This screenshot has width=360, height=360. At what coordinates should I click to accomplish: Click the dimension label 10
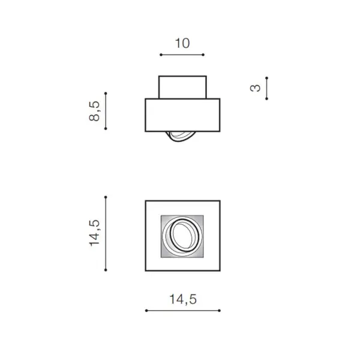coord(182,43)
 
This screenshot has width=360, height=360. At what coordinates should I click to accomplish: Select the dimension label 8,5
coord(94,111)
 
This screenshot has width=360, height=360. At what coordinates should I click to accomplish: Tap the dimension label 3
coord(255,88)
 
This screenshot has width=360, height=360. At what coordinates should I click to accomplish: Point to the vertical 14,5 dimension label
coord(94,233)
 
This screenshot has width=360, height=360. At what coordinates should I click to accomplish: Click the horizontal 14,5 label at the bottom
coord(183,299)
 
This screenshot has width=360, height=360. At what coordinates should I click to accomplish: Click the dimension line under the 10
coord(182,55)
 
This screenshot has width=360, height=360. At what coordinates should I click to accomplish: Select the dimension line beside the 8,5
coord(106,111)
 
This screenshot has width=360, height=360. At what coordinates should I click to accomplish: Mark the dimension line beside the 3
coord(266,88)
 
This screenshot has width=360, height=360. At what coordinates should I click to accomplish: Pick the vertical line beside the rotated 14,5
coord(106,233)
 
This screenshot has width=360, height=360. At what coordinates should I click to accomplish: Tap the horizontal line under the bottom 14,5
coord(183,311)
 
